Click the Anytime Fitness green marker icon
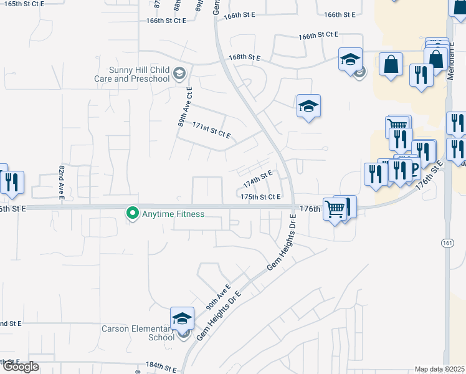(132, 213)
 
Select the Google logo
(20, 367)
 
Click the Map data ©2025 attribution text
(439, 369)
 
